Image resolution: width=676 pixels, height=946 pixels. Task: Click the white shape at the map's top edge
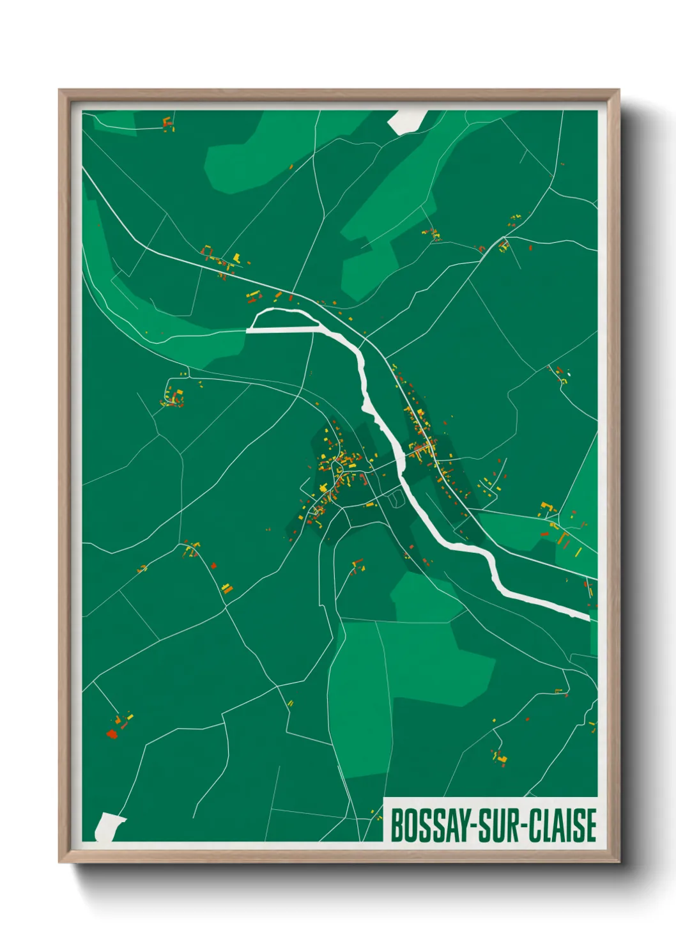click(x=407, y=121)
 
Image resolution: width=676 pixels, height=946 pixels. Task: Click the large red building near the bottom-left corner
click(x=112, y=734)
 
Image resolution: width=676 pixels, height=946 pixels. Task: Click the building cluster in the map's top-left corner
click(x=168, y=124)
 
